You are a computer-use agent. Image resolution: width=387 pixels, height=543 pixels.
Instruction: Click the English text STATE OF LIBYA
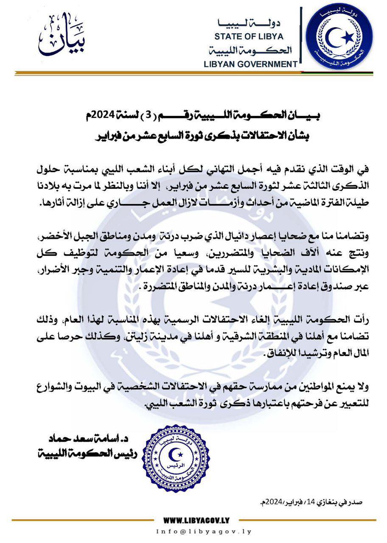click(x=249, y=36)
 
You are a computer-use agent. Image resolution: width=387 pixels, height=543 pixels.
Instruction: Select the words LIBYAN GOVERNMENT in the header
click(x=250, y=64)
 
